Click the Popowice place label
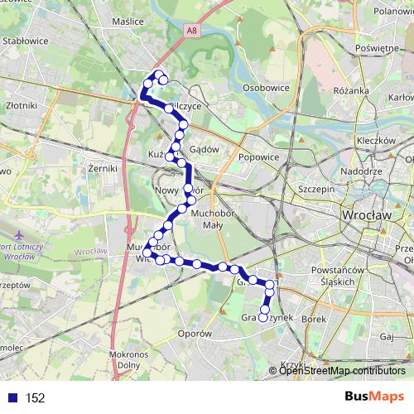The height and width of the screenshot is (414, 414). [x=258, y=155]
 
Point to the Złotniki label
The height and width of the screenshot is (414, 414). [x=20, y=106]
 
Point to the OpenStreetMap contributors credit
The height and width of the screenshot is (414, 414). [x=341, y=371]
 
